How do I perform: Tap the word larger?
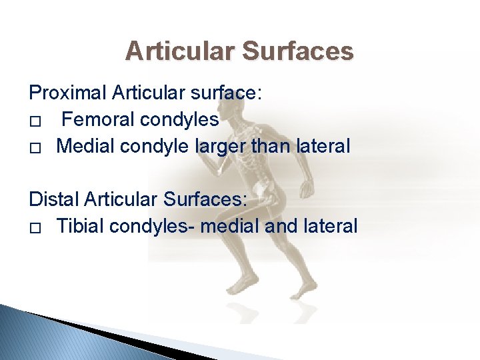pos(219,147)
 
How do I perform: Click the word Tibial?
pos(80,227)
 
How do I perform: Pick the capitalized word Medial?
pos(85,147)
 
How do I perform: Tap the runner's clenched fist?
pos(308,189)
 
